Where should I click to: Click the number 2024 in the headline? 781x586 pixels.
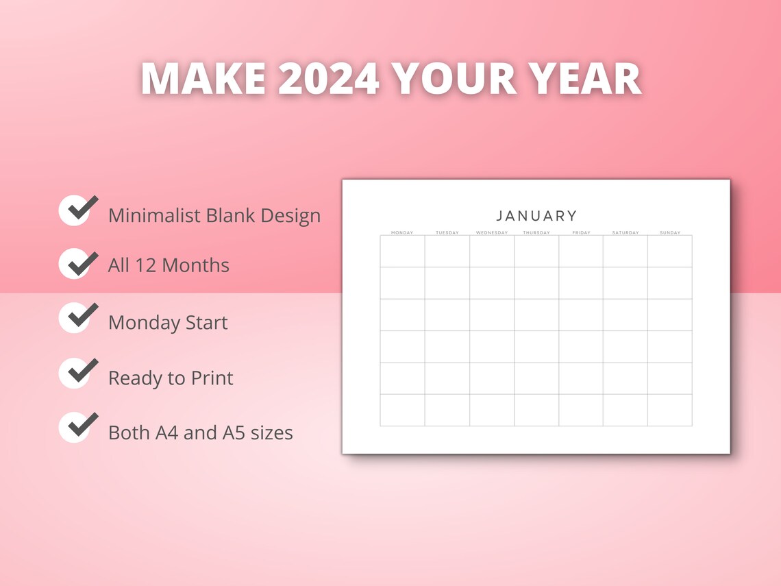click(x=328, y=79)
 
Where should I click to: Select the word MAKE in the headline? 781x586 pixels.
click(x=203, y=79)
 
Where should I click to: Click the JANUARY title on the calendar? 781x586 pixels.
click(x=536, y=216)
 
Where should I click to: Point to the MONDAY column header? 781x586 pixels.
click(x=402, y=233)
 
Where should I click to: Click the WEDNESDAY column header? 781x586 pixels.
click(x=492, y=233)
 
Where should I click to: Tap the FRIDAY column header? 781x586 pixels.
click(x=581, y=233)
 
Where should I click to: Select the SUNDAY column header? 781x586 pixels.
click(x=670, y=233)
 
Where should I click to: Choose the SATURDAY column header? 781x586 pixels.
click(x=625, y=233)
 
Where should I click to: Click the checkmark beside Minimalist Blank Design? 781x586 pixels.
click(x=77, y=210)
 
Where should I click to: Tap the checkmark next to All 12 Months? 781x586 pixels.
click(x=77, y=263)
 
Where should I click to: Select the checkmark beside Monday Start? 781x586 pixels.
click(x=77, y=317)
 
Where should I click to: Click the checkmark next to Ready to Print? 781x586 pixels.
click(x=77, y=372)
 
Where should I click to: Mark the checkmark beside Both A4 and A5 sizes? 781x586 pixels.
click(x=77, y=427)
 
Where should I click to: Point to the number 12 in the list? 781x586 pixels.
click(x=145, y=265)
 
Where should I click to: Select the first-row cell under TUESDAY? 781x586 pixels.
click(x=447, y=251)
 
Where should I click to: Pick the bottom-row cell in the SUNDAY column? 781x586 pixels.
click(x=670, y=410)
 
